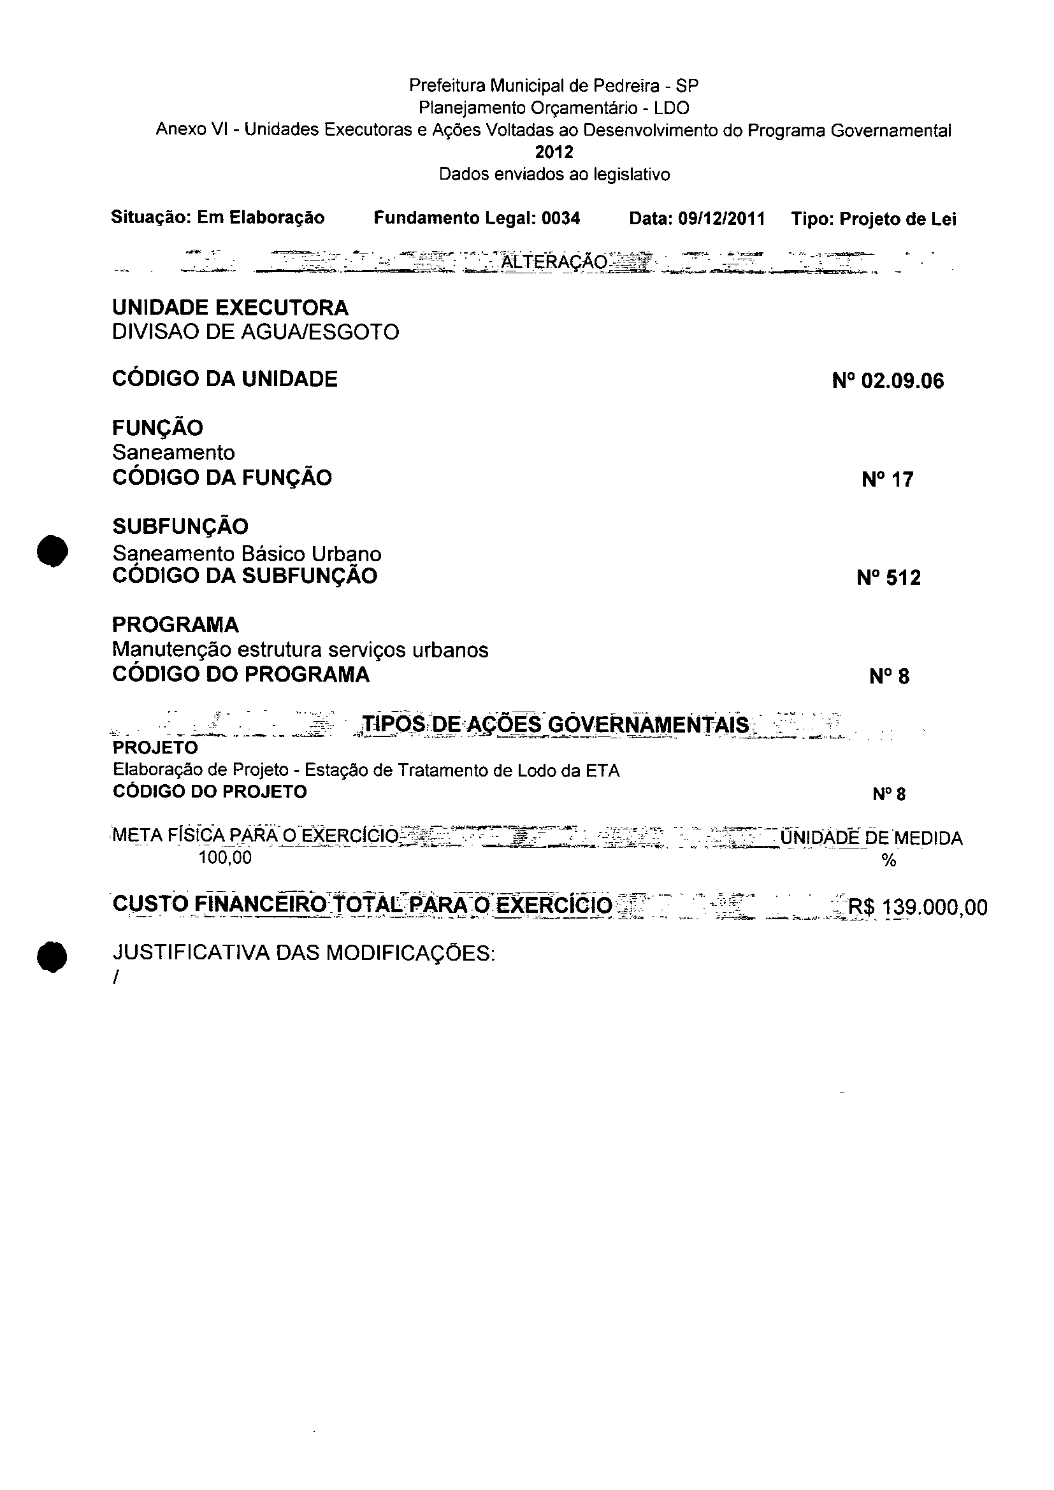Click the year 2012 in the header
(554, 152)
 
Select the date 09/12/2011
(721, 218)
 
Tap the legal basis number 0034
(561, 218)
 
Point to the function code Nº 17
(887, 480)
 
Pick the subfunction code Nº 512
(888, 578)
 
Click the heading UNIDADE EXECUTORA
(231, 307)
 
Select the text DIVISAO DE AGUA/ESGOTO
(255, 332)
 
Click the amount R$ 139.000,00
(918, 906)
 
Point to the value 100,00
(224, 858)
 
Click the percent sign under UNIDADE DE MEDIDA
(888, 861)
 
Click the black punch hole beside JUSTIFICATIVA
(52, 957)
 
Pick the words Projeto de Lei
(898, 219)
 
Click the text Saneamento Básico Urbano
(247, 554)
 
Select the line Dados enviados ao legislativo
(554, 174)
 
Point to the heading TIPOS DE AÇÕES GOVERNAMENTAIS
(556, 724)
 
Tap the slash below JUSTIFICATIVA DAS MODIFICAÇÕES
(115, 978)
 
